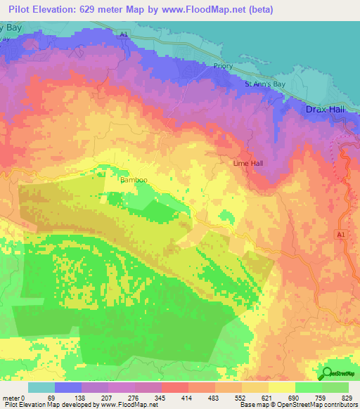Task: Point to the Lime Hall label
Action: [247, 163]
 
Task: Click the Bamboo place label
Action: [133, 180]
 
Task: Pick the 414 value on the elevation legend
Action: [167, 397]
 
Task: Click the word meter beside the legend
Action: [10, 397]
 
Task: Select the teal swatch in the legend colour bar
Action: [41, 387]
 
